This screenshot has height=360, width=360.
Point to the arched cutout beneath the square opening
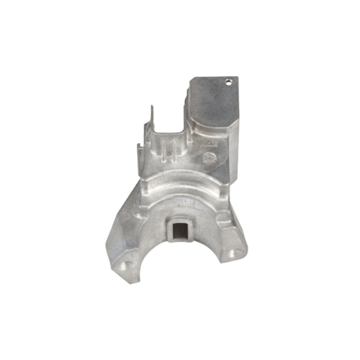(180, 270)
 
